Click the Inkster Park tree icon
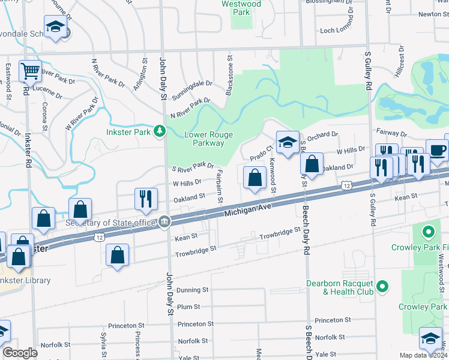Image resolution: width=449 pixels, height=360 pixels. pyautogui.click(x=159, y=130)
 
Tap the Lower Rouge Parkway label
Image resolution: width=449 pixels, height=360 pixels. pyautogui.click(x=208, y=139)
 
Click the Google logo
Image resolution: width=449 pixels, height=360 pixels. pyautogui.click(x=20, y=353)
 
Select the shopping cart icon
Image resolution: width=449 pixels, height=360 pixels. pyautogui.click(x=29, y=71)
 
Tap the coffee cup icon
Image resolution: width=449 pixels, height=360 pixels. pyautogui.click(x=436, y=150)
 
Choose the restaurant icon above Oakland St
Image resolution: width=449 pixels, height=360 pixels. pyautogui.click(x=146, y=198)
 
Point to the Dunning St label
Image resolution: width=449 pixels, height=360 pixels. pyautogui.click(x=192, y=289)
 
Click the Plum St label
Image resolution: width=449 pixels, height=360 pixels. pyautogui.click(x=188, y=307)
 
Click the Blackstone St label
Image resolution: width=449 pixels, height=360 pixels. pyautogui.click(x=229, y=75)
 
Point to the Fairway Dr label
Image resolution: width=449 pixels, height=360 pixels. pyautogui.click(x=392, y=131)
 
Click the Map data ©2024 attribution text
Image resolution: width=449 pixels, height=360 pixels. pyautogui.click(x=423, y=355)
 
